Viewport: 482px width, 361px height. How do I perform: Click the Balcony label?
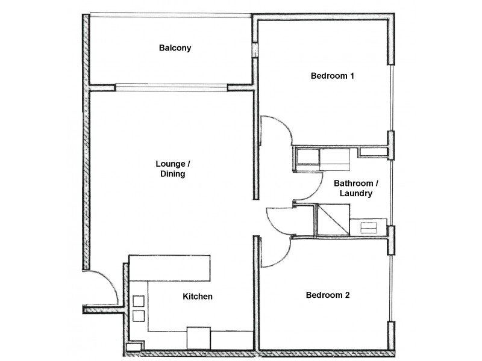tap(175, 48)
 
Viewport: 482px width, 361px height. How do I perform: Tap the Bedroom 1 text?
tap(331, 76)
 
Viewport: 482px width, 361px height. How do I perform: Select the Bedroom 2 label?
tap(328, 295)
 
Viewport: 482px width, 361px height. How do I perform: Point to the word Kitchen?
tap(198, 297)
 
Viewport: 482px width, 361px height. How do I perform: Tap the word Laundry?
tap(355, 194)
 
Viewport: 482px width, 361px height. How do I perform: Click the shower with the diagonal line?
tap(333, 219)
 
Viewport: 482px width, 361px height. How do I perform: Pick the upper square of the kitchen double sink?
tap(138, 301)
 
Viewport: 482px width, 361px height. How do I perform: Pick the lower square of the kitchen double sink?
tap(138, 316)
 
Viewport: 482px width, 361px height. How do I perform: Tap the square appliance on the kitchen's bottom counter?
tap(198, 338)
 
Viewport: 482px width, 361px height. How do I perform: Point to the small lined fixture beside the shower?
tap(367, 227)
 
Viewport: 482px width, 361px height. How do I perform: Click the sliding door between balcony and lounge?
tap(172, 87)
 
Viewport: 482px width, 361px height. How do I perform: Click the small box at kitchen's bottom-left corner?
tap(134, 347)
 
